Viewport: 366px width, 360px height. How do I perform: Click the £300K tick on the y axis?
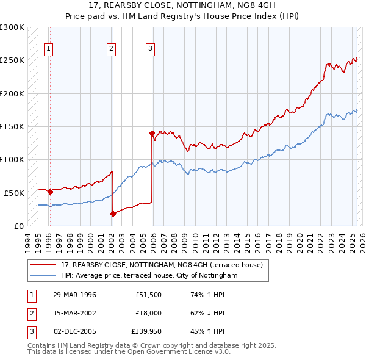point(12,27)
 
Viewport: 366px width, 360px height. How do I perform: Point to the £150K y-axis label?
point(12,126)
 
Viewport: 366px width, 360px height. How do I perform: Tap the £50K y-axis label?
point(15,192)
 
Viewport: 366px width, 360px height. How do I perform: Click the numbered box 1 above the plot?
point(48,50)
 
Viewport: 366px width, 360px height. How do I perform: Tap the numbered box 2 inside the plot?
point(112,50)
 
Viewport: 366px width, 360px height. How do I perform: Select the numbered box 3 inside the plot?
point(150,50)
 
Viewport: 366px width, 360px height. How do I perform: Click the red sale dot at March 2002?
point(113,214)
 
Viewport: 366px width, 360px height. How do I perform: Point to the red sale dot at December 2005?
point(152,132)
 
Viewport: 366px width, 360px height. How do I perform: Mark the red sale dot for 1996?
point(50,192)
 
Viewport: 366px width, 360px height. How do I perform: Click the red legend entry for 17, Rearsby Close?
point(162,265)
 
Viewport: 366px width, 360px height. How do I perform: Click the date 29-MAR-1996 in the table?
point(74,295)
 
